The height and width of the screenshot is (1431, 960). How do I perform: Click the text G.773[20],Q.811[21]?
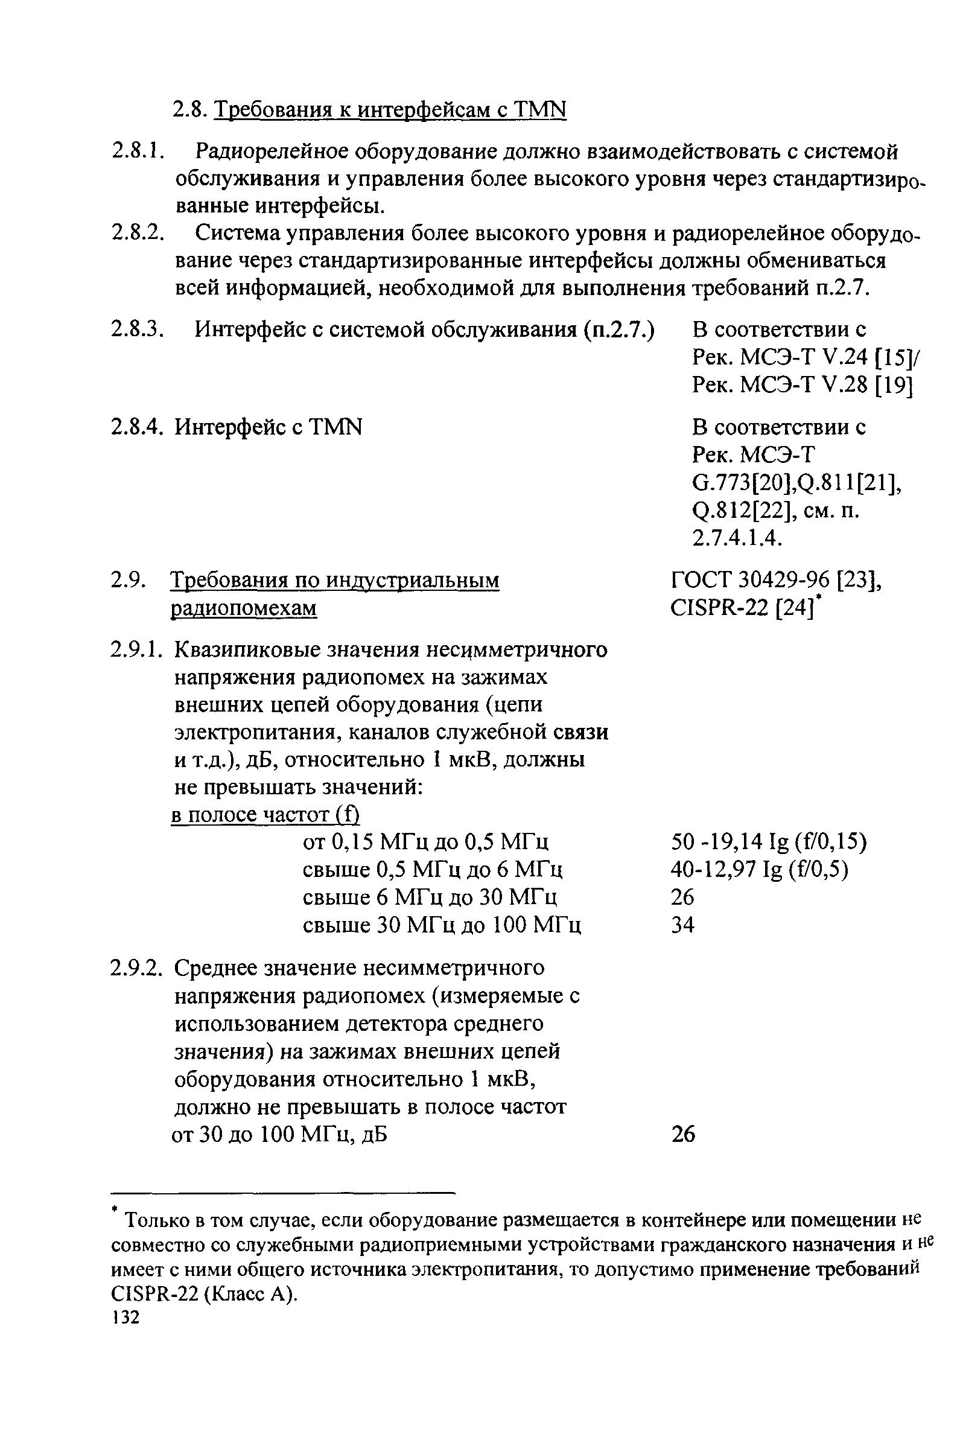796,483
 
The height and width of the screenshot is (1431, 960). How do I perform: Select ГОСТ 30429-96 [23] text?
776,579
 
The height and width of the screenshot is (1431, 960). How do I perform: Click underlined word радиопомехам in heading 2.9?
244,608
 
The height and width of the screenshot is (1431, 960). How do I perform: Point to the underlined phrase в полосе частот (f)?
264,815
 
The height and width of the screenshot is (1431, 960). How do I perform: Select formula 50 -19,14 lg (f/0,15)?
769,843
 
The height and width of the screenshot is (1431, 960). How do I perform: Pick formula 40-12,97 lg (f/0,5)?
760,870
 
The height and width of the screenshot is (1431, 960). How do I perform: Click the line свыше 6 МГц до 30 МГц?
430,897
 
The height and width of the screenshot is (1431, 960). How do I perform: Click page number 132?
126,1316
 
